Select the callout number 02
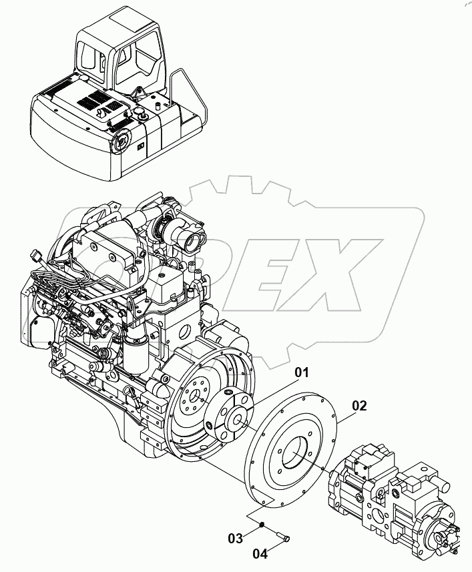tap(359, 405)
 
